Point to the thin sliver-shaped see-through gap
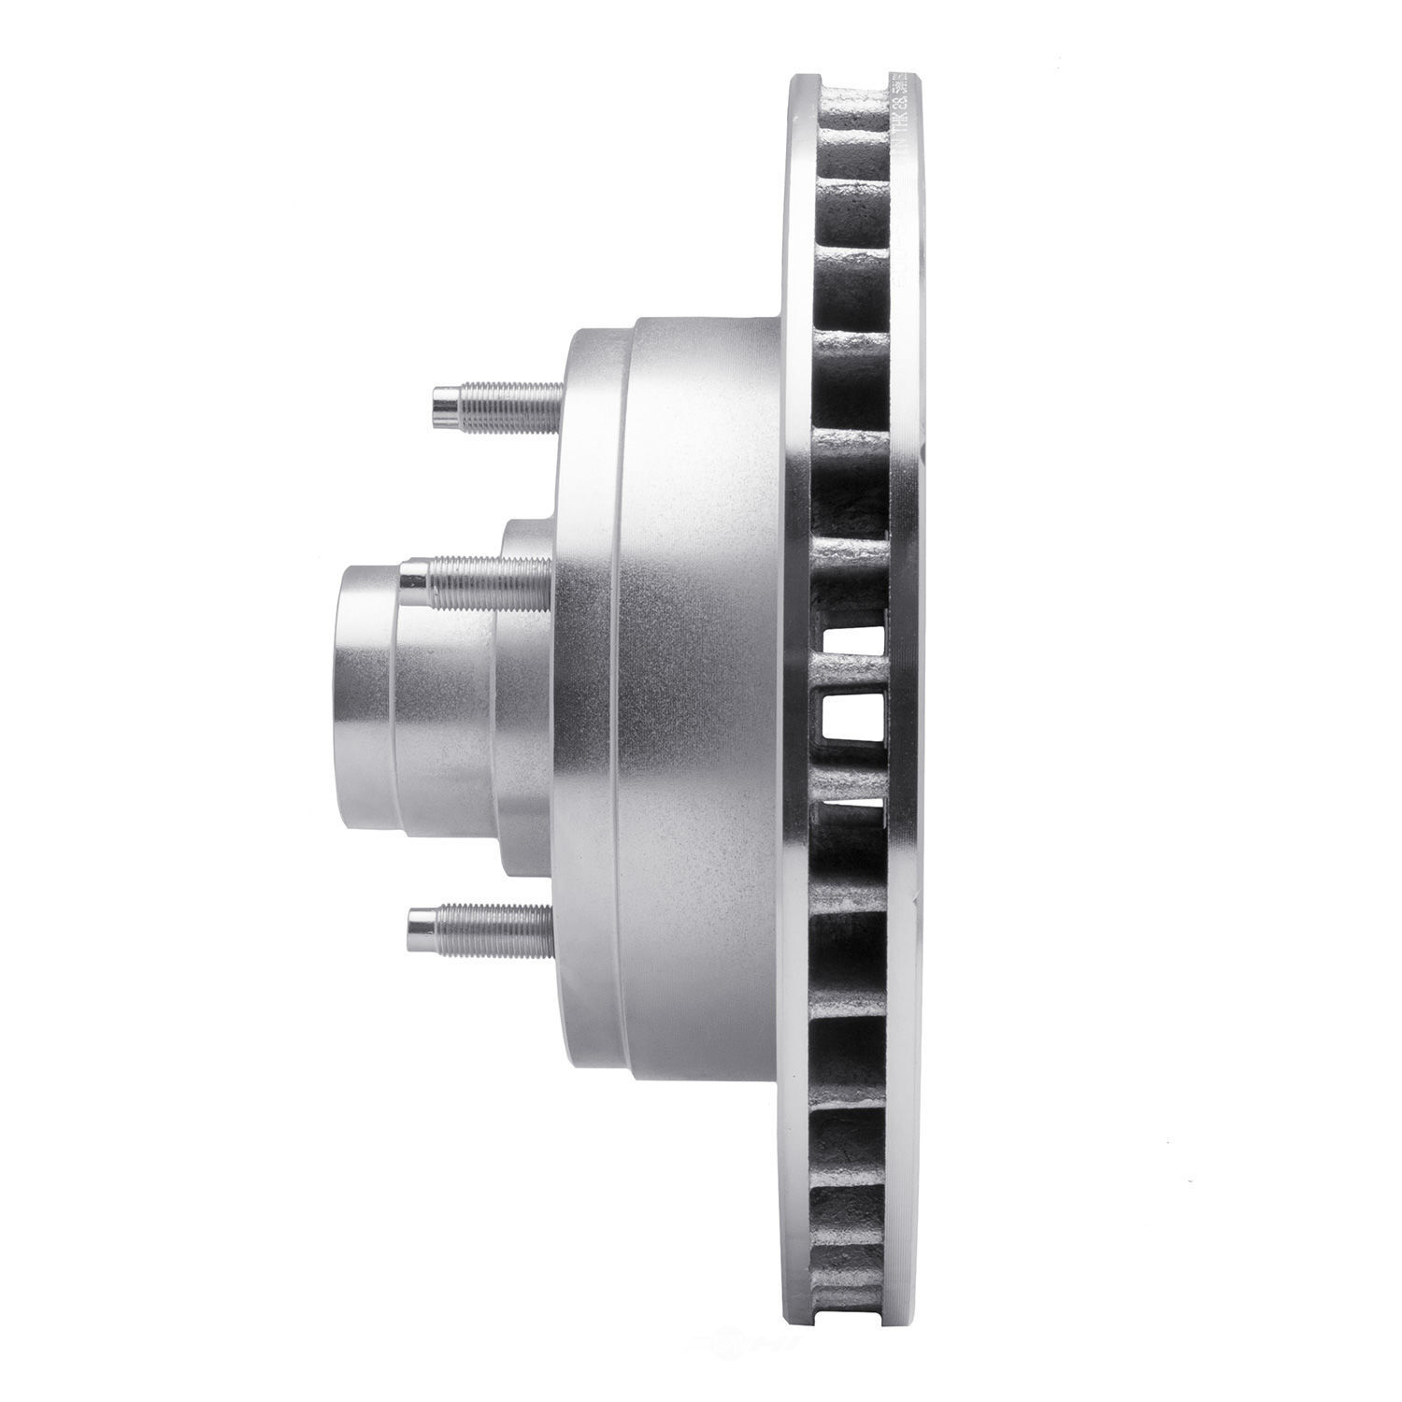[852, 801]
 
